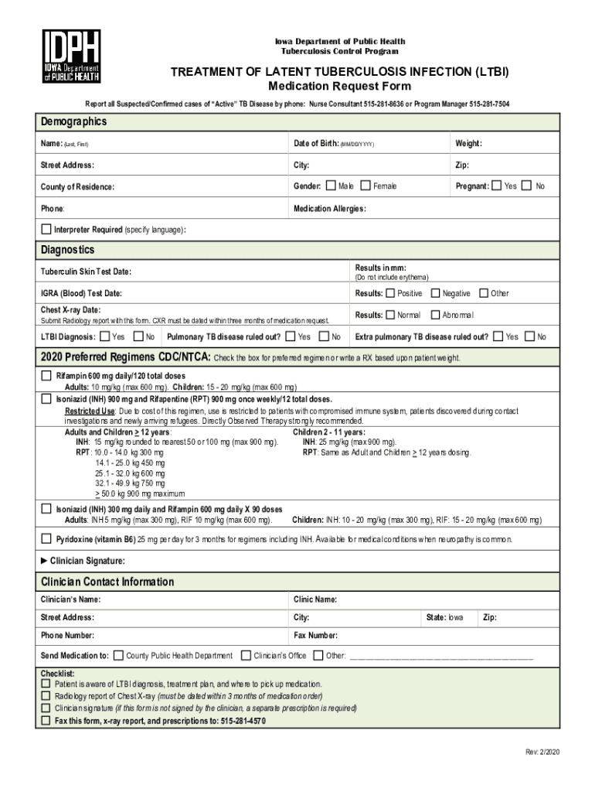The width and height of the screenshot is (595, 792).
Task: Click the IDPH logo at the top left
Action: coord(72,57)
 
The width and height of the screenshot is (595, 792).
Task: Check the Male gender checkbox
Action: coord(331,186)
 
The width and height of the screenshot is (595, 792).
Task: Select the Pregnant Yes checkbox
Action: coord(497,186)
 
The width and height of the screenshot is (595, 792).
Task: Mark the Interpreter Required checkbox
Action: coord(46,230)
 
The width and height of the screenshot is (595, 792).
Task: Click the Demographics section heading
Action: coord(73,122)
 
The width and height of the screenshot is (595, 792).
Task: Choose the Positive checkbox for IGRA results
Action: coord(390,293)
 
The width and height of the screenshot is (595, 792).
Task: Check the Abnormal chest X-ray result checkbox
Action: coord(435,315)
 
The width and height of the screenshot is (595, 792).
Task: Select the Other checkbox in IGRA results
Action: coord(484,293)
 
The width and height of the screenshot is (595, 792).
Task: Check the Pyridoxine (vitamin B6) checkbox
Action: coord(46,538)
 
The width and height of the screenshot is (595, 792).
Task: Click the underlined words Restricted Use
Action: coord(90,411)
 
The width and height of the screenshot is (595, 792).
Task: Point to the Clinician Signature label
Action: coord(87,561)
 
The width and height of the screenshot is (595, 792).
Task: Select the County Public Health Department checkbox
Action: coord(118,656)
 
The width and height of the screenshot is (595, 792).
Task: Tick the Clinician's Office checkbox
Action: coord(246,656)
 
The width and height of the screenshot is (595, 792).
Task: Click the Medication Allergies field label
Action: coord(329,209)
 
